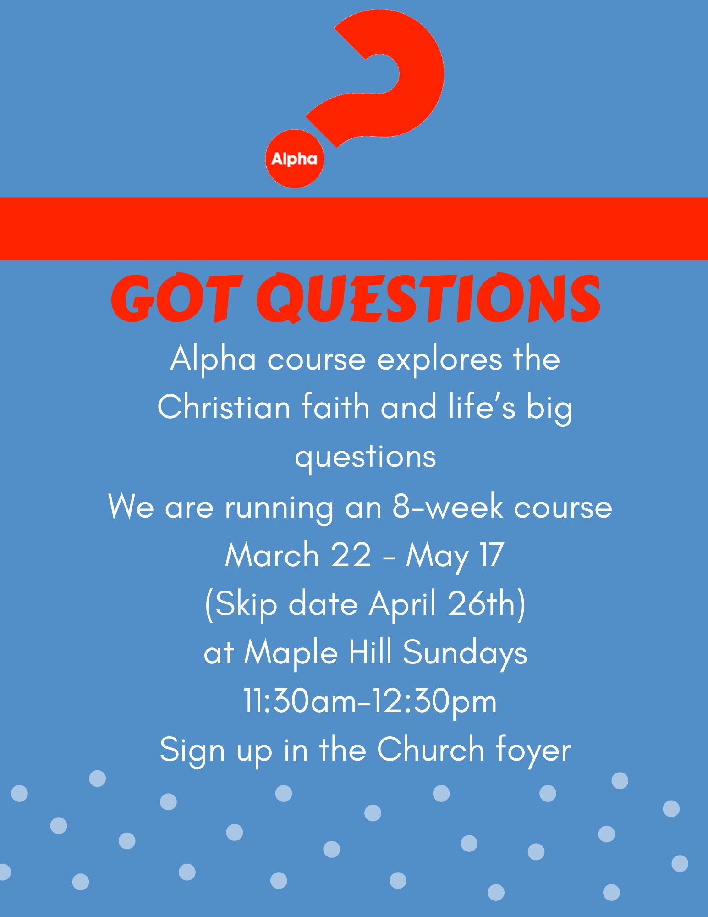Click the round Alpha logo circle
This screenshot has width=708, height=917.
[295, 159]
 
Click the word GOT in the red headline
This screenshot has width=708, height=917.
[176, 298]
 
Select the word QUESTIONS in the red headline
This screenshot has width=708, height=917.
[428, 298]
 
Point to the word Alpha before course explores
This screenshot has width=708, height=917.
[213, 359]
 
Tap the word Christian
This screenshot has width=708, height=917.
[224, 407]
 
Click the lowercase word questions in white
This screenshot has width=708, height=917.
[365, 457]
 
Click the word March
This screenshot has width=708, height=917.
[272, 556]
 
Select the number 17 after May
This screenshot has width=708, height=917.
[492, 556]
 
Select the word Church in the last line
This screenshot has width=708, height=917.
[431, 750]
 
